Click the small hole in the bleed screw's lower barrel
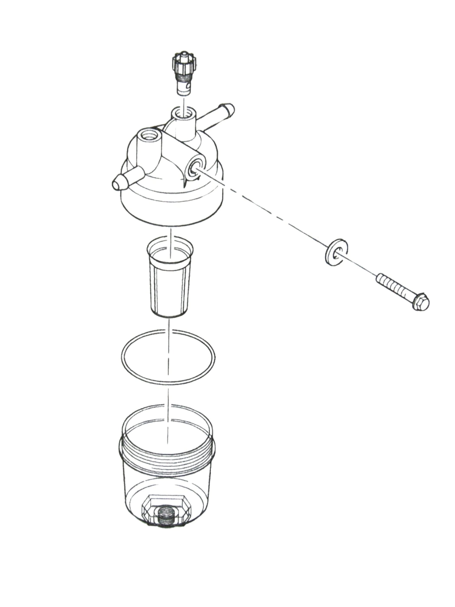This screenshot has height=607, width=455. click(188, 87)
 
